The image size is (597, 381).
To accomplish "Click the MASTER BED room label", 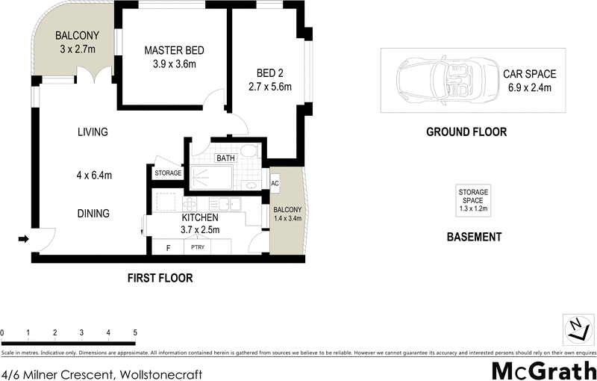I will [174, 50].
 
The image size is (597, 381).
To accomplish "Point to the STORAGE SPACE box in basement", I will [472, 200].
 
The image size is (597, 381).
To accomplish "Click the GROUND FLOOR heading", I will [466, 132].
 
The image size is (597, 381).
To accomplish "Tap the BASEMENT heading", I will [473, 237].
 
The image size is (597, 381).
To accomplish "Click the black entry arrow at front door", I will [23, 239].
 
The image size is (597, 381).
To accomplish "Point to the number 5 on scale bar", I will [135, 332].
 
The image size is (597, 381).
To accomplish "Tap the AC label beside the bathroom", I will [275, 183].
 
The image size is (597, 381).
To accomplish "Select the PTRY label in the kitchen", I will [198, 247].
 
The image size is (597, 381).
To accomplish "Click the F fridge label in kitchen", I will [168, 247].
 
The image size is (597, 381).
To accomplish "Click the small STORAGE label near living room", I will [168, 173].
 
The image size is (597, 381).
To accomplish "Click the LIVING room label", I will [93, 132].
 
